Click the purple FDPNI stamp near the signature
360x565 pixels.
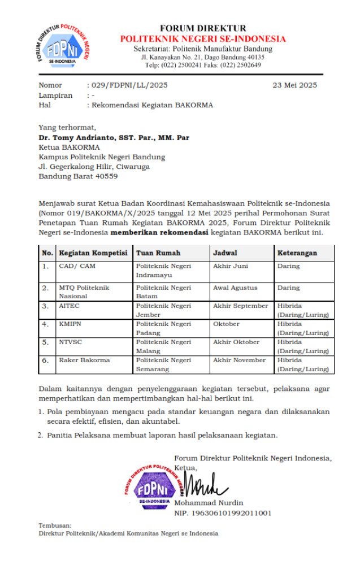click(x=150, y=486)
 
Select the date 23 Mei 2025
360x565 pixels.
click(x=294, y=85)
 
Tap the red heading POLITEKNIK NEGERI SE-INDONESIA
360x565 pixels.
click(x=202, y=39)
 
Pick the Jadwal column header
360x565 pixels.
click(x=225, y=253)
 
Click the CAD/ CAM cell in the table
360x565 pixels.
click(x=77, y=266)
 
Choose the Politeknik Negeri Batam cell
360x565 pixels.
click(x=163, y=292)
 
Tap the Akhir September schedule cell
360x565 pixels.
click(x=240, y=306)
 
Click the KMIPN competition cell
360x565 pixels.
click(x=70, y=324)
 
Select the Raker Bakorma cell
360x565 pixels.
click(x=84, y=360)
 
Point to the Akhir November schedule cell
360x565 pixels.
click(x=239, y=360)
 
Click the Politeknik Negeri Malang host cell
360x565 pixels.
click(x=163, y=346)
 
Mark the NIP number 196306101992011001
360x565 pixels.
click(x=223, y=513)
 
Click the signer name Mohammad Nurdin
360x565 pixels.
click(x=209, y=503)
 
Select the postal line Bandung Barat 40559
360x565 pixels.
click(x=78, y=176)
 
